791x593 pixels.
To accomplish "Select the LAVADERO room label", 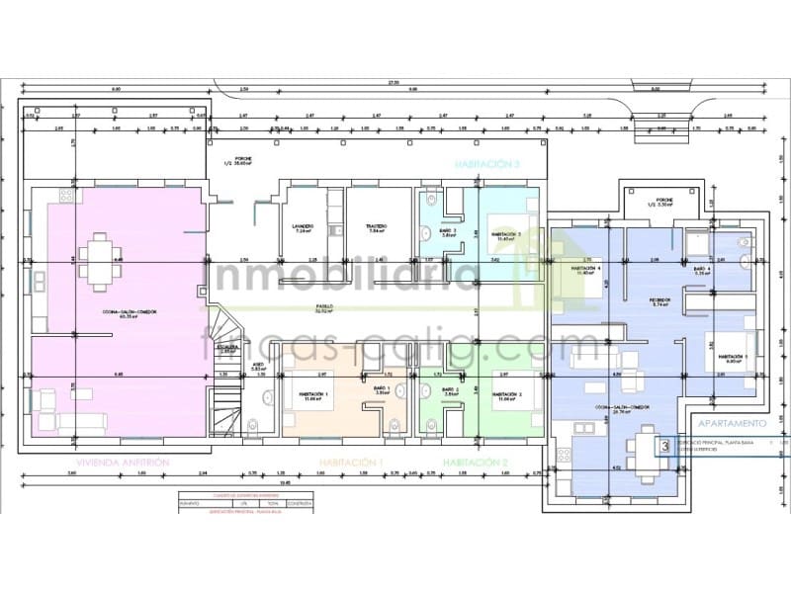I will [x=303, y=226].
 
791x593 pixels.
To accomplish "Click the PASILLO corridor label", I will [x=323, y=307].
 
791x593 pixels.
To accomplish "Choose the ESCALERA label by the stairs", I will [x=226, y=347].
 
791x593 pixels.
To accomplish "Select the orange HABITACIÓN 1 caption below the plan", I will [x=351, y=463].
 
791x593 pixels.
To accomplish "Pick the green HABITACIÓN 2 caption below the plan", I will [x=476, y=463].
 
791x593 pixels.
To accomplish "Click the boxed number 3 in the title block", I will [x=665, y=446].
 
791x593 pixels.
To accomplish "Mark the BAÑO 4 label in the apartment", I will [x=703, y=268].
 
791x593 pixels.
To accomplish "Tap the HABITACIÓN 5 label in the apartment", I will [x=733, y=358].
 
